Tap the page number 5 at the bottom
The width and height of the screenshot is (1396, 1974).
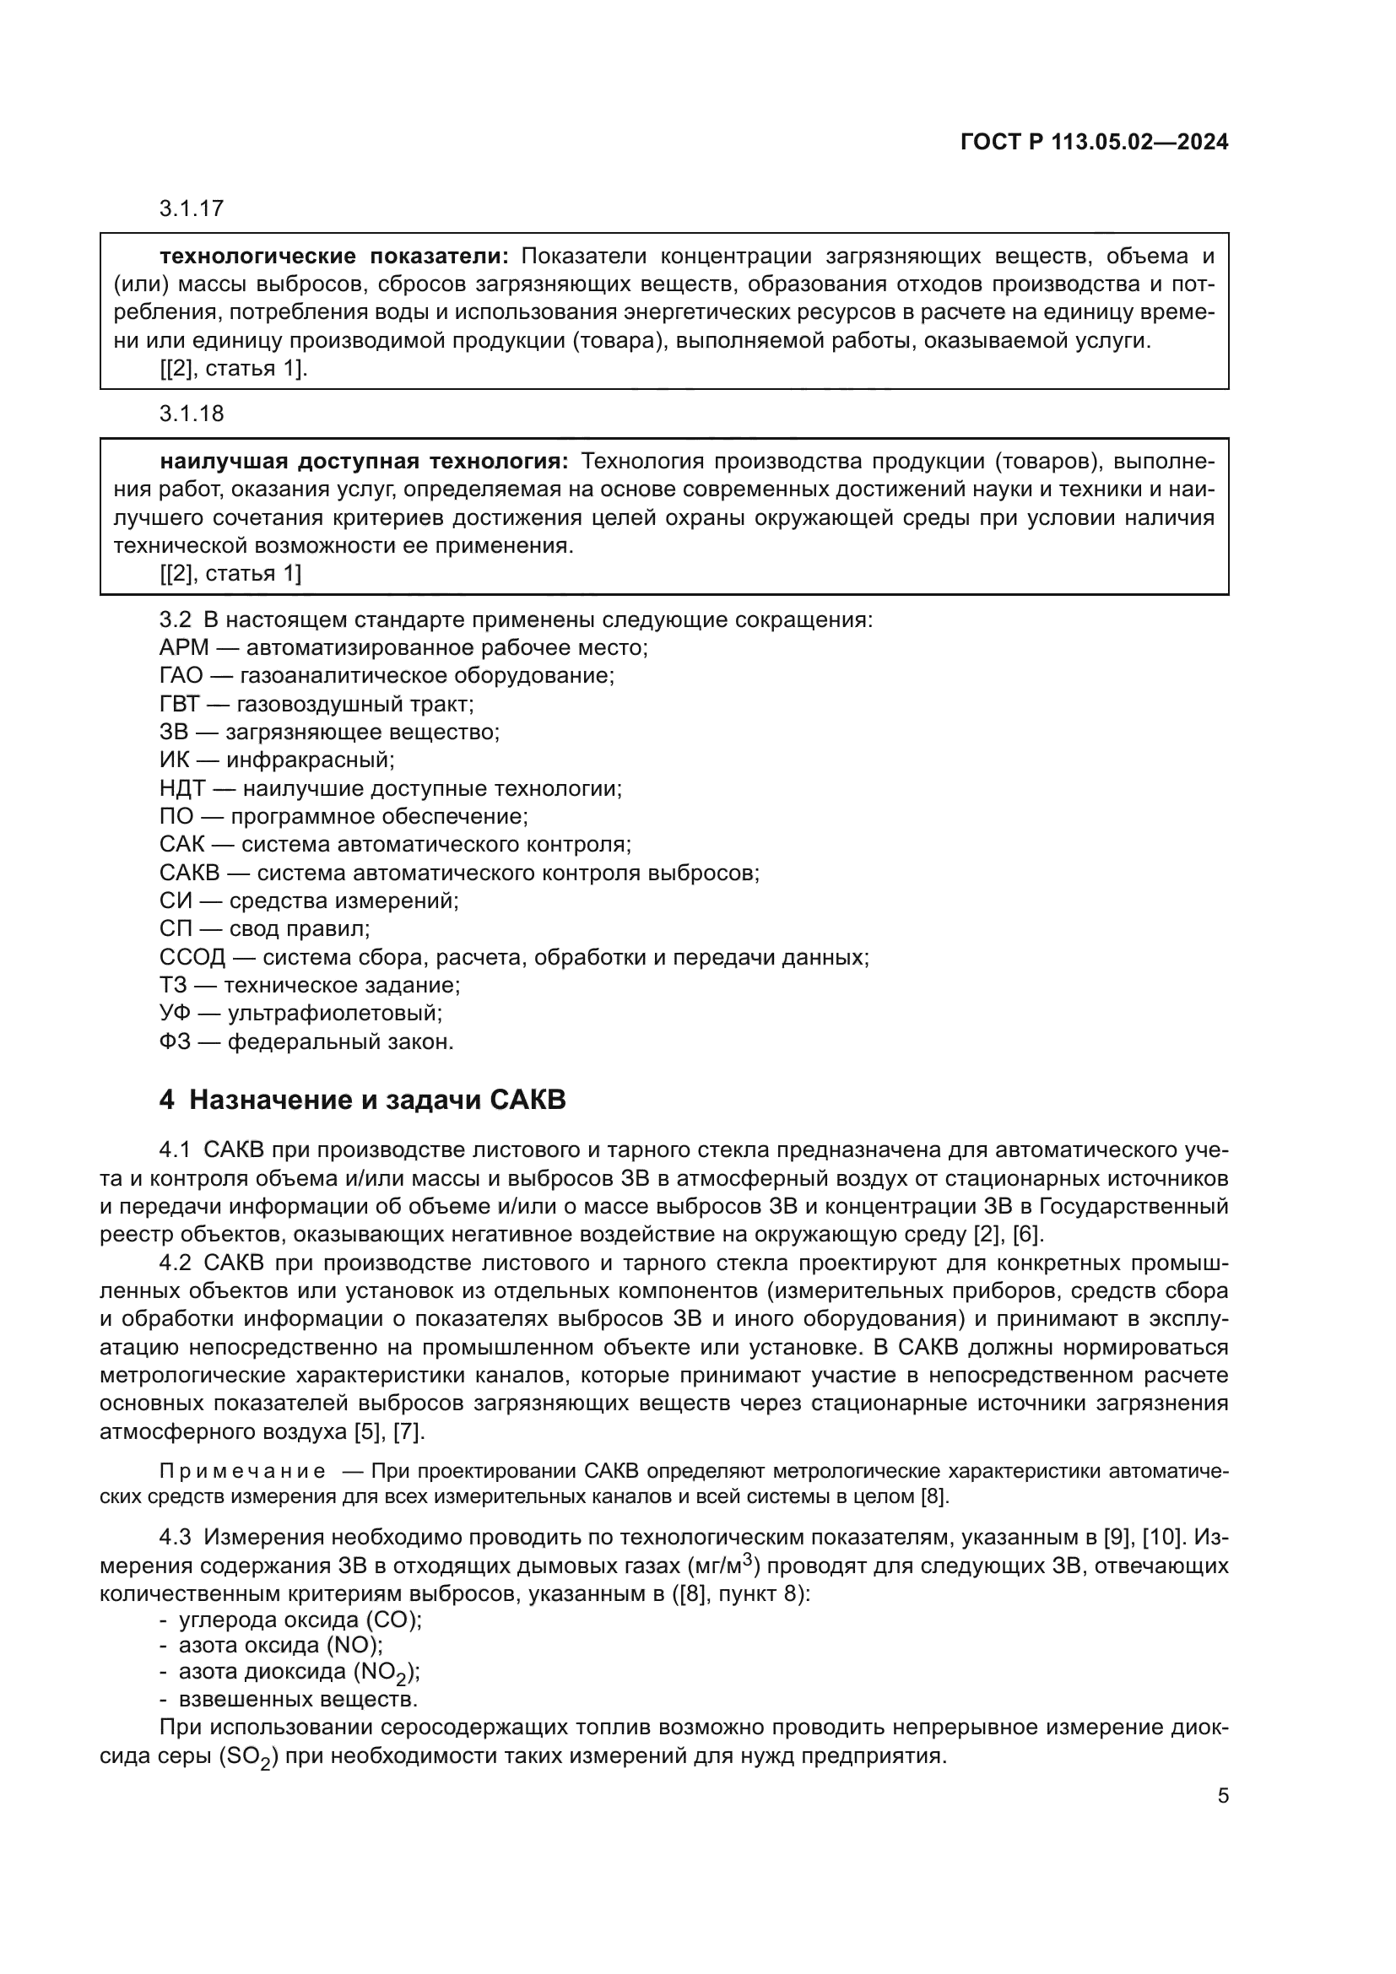click(1223, 1796)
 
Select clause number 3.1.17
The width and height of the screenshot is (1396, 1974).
click(192, 209)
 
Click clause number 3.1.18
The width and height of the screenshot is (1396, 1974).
click(192, 414)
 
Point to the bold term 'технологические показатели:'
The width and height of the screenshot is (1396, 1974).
click(335, 257)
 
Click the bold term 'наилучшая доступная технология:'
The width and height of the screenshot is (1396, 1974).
click(365, 462)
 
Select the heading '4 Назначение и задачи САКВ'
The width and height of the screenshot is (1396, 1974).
click(363, 1100)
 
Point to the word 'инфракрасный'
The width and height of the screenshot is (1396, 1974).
click(310, 760)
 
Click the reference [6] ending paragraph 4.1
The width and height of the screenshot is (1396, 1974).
click(1028, 1235)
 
